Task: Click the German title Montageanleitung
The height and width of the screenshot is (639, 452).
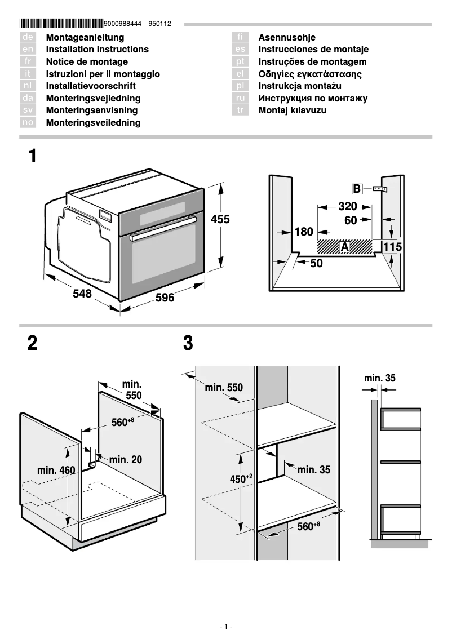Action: click(85, 37)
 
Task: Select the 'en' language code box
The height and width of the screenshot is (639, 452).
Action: click(28, 50)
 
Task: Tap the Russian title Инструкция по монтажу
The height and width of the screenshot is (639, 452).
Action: click(313, 98)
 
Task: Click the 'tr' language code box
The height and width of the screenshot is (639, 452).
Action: click(241, 110)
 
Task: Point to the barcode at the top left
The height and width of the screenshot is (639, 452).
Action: click(61, 24)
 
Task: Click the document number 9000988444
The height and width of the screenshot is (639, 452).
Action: click(122, 24)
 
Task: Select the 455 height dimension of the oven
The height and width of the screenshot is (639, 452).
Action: click(220, 219)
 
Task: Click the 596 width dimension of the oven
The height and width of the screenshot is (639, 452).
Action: click(165, 297)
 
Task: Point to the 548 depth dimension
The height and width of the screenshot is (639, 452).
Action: click(82, 294)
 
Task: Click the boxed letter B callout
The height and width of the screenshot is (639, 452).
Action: click(357, 189)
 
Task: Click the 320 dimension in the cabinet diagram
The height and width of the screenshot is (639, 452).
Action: click(348, 206)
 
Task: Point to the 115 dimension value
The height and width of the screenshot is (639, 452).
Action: click(392, 247)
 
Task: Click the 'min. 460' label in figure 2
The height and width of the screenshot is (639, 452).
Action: click(56, 470)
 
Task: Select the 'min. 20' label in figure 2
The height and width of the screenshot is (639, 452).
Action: click(125, 460)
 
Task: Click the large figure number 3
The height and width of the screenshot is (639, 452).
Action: click(188, 343)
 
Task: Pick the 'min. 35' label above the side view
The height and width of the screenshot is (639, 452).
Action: click(379, 378)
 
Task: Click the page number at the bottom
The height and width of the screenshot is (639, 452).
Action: click(225, 627)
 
